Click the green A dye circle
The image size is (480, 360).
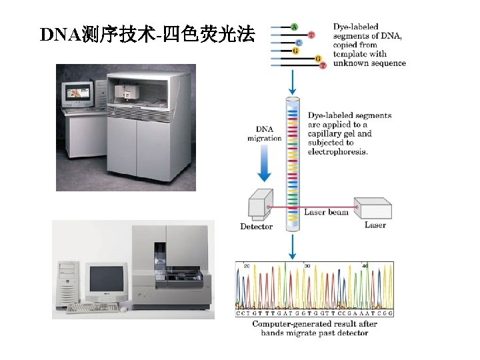pos(294,27)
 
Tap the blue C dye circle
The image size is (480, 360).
pos(299,43)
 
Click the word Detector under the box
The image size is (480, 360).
pos(256,227)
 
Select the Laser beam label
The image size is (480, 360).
pos(326,213)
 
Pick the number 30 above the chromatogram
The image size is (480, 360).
pos(307,265)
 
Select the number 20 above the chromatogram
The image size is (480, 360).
pos(247,265)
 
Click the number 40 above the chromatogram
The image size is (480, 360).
pos(365,265)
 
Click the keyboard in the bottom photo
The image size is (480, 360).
pos(92,307)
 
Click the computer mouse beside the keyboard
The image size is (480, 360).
pos(123,309)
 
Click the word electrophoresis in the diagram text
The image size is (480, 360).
pos(337,152)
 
